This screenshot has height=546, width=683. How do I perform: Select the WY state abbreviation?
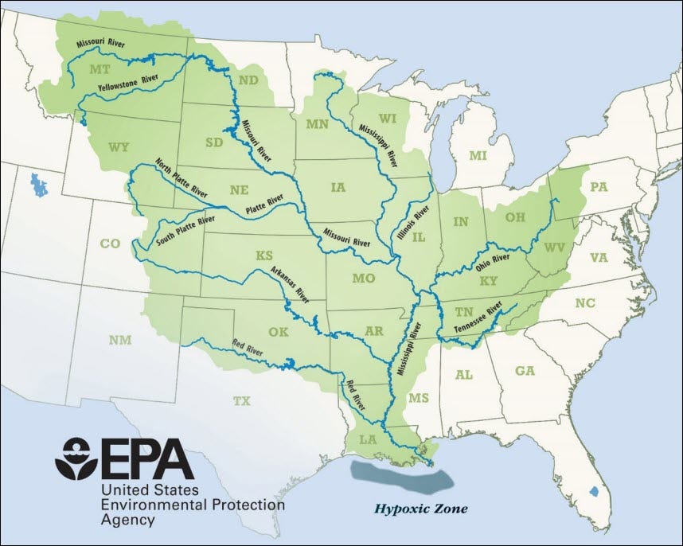click(x=119, y=147)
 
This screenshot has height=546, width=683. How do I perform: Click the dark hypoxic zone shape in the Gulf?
click(x=402, y=477)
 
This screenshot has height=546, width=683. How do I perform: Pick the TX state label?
click(x=241, y=401)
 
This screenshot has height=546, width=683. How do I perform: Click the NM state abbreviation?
click(x=119, y=341)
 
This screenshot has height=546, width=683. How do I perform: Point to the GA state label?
click(x=525, y=371)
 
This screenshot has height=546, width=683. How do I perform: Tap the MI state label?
click(x=477, y=155)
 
